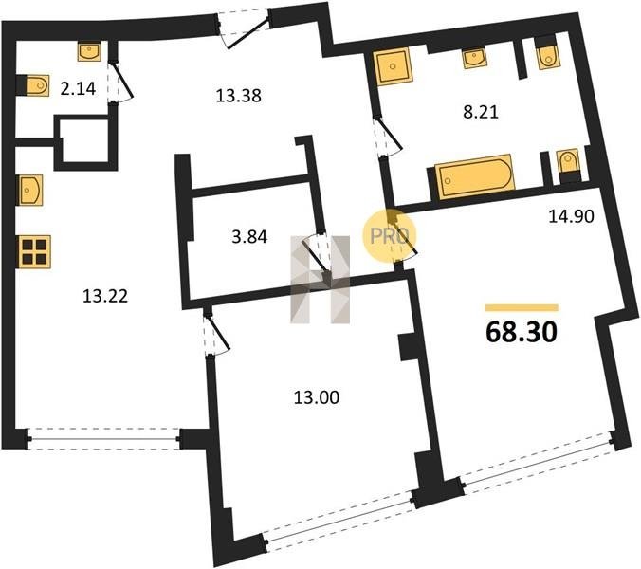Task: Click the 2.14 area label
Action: click(x=78, y=88)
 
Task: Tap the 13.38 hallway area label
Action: click(x=238, y=96)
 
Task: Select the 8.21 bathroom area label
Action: click(x=481, y=112)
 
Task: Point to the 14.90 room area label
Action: click(x=571, y=216)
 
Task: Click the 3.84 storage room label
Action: click(x=249, y=237)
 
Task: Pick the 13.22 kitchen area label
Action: click(x=105, y=296)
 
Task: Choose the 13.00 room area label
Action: click(x=317, y=397)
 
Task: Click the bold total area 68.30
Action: click(x=522, y=332)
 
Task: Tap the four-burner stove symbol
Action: click(x=35, y=252)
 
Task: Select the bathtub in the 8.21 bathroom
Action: click(x=474, y=177)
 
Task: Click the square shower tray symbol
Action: click(x=393, y=65)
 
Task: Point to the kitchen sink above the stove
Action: click(x=29, y=190)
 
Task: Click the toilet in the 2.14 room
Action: click(x=38, y=85)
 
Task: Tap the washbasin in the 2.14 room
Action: click(x=89, y=52)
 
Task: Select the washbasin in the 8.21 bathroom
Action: click(x=474, y=57)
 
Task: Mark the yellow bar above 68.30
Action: click(x=522, y=308)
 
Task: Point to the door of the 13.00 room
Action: click(x=215, y=331)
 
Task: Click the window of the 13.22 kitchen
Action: click(x=104, y=439)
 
